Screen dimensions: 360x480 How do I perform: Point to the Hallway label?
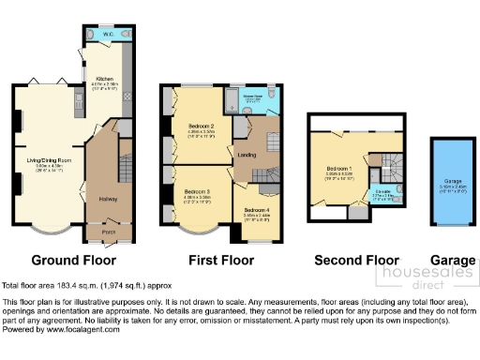[105, 198]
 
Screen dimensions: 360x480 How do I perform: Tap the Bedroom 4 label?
[256, 209]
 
